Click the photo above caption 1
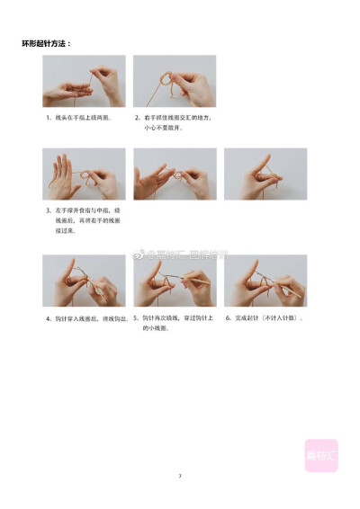pyautogui.click(x=84, y=82)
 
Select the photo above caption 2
pyautogui.click(x=175, y=82)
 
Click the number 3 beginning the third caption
pyautogui.click(x=48, y=211)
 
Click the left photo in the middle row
pyautogui.click(x=84, y=174)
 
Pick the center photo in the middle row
pyautogui.click(x=175, y=174)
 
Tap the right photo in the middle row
pyautogui.click(x=265, y=174)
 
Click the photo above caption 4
pyautogui.click(x=84, y=281)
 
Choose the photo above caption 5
pyautogui.click(x=175, y=281)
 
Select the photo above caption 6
pyautogui.click(x=265, y=281)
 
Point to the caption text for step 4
pyautogui.click(x=88, y=318)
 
